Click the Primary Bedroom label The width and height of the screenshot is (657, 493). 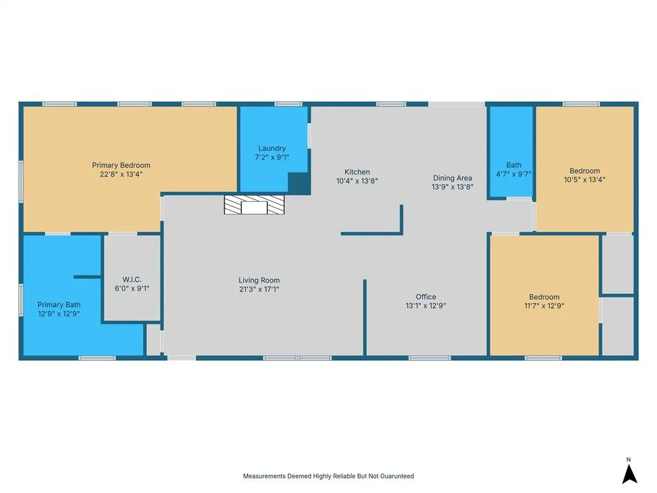[x=121, y=165]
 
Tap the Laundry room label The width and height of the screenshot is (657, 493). [x=272, y=148]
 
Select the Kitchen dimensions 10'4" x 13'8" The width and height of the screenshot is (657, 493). [x=357, y=181]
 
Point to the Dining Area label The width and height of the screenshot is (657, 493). [x=452, y=178]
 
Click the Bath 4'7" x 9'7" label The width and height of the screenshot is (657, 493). [x=514, y=169]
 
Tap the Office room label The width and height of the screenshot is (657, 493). [x=426, y=297]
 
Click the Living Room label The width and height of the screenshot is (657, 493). [x=259, y=281]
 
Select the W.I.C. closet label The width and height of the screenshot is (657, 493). [x=132, y=280]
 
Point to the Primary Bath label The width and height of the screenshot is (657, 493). [x=58, y=305]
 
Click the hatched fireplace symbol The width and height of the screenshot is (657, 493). [x=254, y=205]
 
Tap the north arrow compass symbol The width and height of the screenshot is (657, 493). [x=629, y=474]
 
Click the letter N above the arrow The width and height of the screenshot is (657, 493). [x=629, y=460]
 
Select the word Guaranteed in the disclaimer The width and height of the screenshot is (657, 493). [x=398, y=476]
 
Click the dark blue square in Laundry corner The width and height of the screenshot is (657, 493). [x=299, y=183]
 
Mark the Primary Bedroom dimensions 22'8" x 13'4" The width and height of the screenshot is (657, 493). [x=121, y=175]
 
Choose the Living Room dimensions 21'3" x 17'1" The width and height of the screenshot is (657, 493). [x=259, y=290]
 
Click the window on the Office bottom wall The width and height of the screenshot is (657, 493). [x=429, y=358]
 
